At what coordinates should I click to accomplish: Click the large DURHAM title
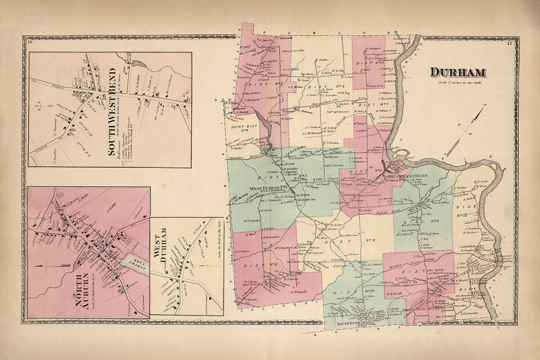click(458, 73)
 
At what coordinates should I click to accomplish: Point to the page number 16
click(30, 42)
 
